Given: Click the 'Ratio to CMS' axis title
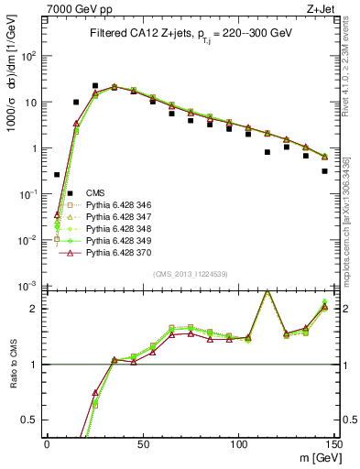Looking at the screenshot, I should pyautogui.click(x=12, y=365).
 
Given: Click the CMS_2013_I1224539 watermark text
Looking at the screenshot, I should pyautogui.click(x=191, y=274).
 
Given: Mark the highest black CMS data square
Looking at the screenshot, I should pyautogui.click(x=95, y=86).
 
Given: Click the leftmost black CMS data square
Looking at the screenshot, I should pyautogui.click(x=57, y=174).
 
